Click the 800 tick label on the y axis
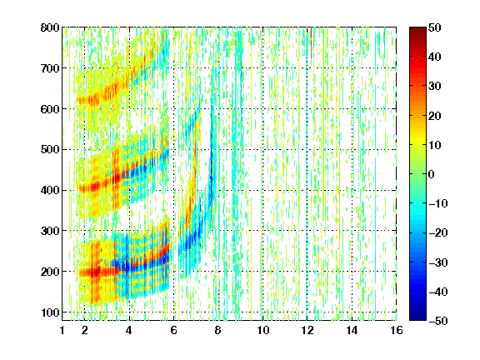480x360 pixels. pos(50,27)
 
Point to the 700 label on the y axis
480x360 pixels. pos(50,68)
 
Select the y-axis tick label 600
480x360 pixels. pos(50,109)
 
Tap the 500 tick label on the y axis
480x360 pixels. pos(50,150)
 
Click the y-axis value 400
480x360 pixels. pos(50,190)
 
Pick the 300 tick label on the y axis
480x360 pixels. pos(50,231)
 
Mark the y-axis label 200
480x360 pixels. pos(50,272)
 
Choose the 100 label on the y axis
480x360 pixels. pos(50,312)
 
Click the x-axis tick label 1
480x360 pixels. pos(62,330)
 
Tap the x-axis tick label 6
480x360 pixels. pos(174,330)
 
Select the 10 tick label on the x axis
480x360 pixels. pos(263,330)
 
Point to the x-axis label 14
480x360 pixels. pos(352,330)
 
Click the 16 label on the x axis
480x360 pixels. pos(397,330)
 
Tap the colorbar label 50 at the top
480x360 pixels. pos(435,27)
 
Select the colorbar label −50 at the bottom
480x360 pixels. pos(438,321)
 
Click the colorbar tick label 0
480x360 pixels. pos(432,174)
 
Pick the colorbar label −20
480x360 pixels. pos(438,232)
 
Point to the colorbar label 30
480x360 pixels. pos(435,87)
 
